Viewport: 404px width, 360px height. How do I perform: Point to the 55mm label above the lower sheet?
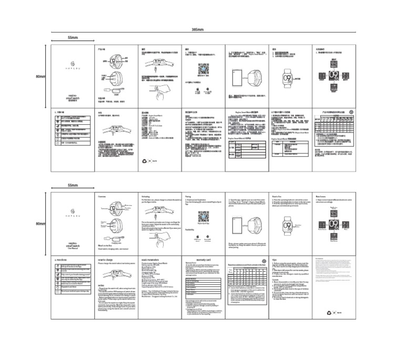click(x=73, y=186)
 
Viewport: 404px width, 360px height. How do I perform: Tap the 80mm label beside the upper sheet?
click(x=41, y=77)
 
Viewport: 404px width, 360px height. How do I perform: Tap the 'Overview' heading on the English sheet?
click(x=103, y=196)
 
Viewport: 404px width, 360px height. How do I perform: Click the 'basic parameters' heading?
click(x=151, y=259)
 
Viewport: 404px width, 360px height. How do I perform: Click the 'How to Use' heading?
click(x=278, y=196)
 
